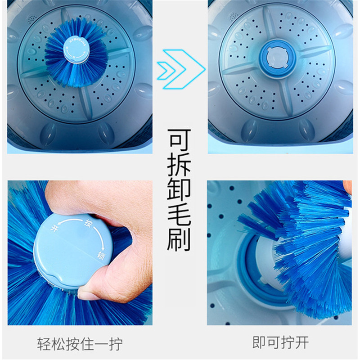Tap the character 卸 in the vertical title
179,191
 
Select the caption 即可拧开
280,342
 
